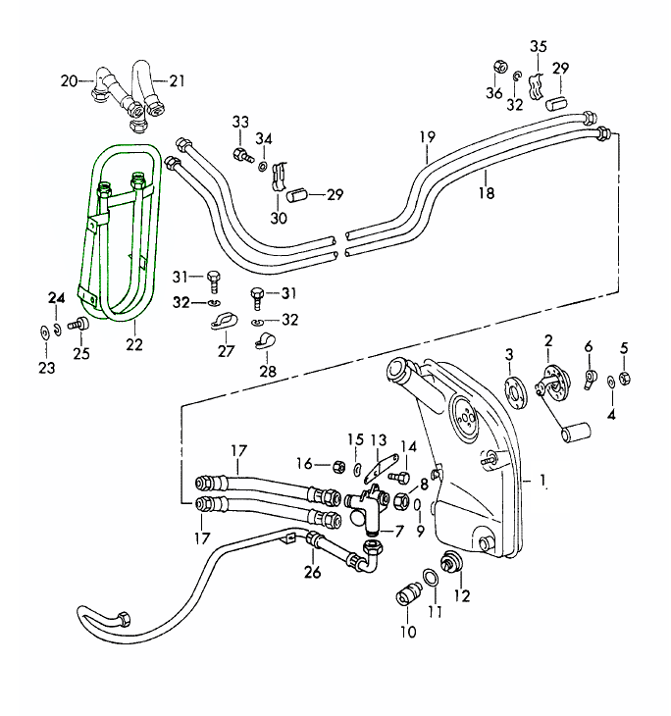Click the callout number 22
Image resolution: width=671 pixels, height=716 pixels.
pos(134,343)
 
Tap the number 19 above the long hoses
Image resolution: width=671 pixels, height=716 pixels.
pos(427,138)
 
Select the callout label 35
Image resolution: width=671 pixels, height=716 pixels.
pos(539,46)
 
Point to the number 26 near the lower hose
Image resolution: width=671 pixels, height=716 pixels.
pos(312,570)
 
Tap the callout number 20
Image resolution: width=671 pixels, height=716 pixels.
pos(68,80)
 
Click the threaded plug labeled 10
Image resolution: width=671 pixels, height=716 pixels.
pos(406,595)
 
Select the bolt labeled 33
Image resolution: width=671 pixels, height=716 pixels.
pos(240,154)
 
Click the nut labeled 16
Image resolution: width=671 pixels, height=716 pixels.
pos(337,465)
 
